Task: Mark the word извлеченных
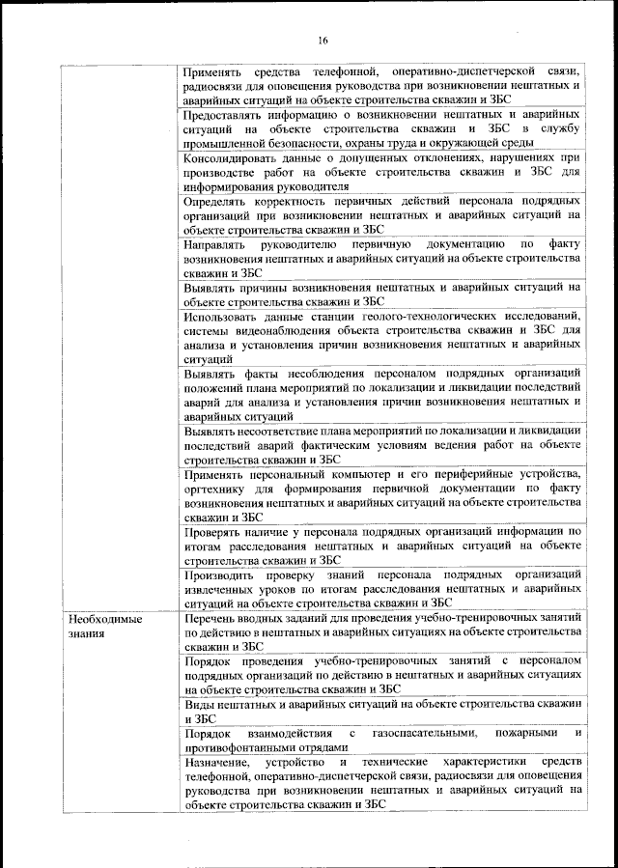225,588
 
